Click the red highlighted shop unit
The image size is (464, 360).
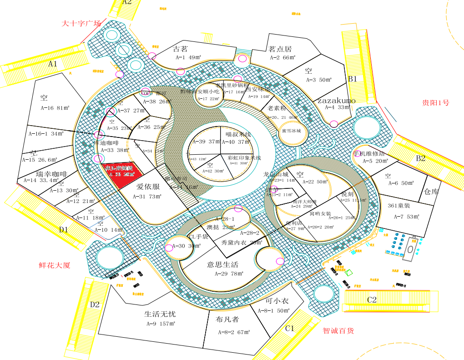[x=120, y=171]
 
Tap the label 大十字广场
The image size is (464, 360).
[x=81, y=23]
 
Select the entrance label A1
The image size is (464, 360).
[x=53, y=64]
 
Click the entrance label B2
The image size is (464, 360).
[x=421, y=158]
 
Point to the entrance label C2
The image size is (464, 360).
[x=372, y=299]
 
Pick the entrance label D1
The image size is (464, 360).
[x=63, y=229]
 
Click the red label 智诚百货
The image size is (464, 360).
[x=338, y=331]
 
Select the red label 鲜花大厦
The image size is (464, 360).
[x=55, y=265]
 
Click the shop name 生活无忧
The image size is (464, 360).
[x=160, y=314]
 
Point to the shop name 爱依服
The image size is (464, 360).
[x=148, y=187]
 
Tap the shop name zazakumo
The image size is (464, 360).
[x=337, y=100]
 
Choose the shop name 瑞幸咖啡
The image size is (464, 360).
[x=51, y=174]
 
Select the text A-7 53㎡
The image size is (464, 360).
[x=406, y=217]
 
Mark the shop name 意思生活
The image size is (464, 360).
[x=223, y=264]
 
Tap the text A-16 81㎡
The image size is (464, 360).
[x=42, y=108]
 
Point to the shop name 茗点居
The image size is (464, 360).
[x=280, y=49]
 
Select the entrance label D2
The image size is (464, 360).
[x=95, y=304]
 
